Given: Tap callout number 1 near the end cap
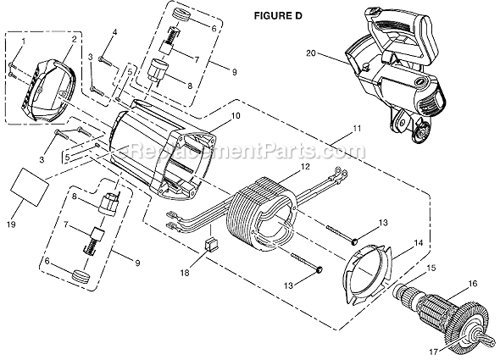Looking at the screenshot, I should tap(23, 42).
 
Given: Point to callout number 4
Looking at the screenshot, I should tap(114, 33).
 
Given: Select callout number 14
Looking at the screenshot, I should tap(417, 242).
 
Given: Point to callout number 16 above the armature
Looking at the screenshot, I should tap(473, 284).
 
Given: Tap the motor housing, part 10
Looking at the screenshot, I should tap(161, 152).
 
